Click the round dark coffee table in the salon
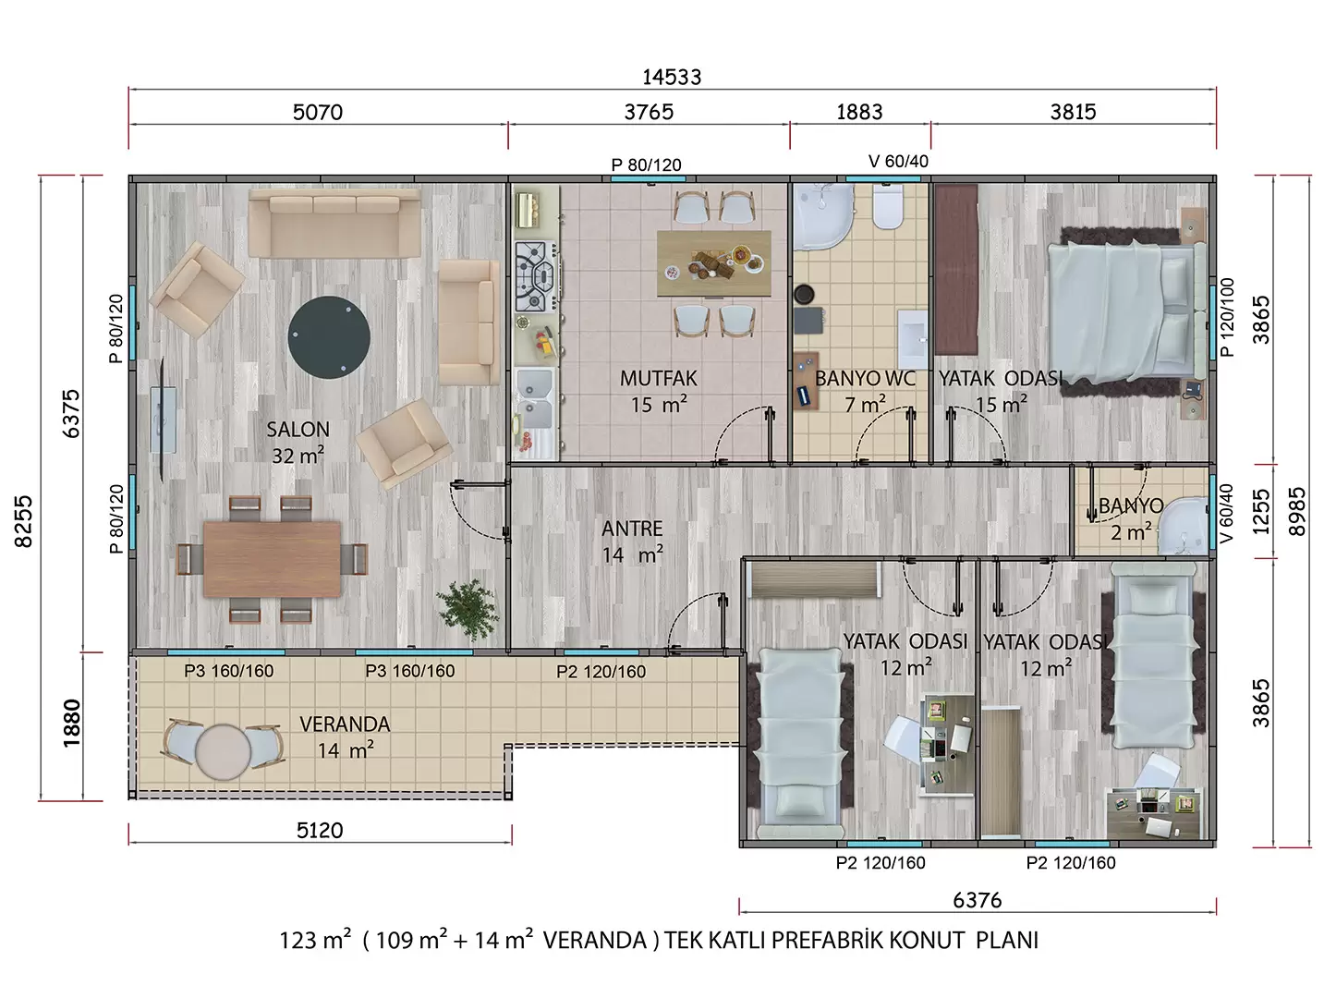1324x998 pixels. tap(329, 337)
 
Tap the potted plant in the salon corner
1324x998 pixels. tap(468, 610)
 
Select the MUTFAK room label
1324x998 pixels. tap(659, 378)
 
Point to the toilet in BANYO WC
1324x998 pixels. tap(888, 205)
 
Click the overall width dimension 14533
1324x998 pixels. tap(672, 78)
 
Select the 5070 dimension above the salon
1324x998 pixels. tap(317, 112)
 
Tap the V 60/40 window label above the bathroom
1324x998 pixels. tap(898, 161)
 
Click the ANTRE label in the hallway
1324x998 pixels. tap(632, 529)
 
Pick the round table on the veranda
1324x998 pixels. tap(224, 751)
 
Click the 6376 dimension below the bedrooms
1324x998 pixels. tap(978, 900)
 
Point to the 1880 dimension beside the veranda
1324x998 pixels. tap(72, 723)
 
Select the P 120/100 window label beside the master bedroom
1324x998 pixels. tap(1227, 318)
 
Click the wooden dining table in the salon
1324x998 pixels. tap(272, 558)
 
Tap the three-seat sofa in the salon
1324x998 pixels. tap(334, 223)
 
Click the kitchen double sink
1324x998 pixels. tap(534, 398)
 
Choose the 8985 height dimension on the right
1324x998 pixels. tap(1297, 511)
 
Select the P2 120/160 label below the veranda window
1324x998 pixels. tap(601, 672)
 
